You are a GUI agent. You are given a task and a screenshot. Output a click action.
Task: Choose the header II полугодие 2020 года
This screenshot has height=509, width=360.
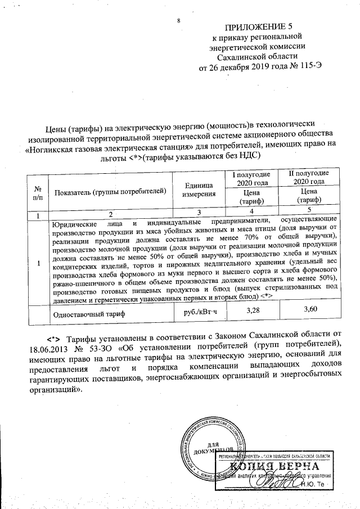coord(309,177)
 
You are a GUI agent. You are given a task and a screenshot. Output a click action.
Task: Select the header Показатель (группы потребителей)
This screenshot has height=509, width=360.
coord(111,191)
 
